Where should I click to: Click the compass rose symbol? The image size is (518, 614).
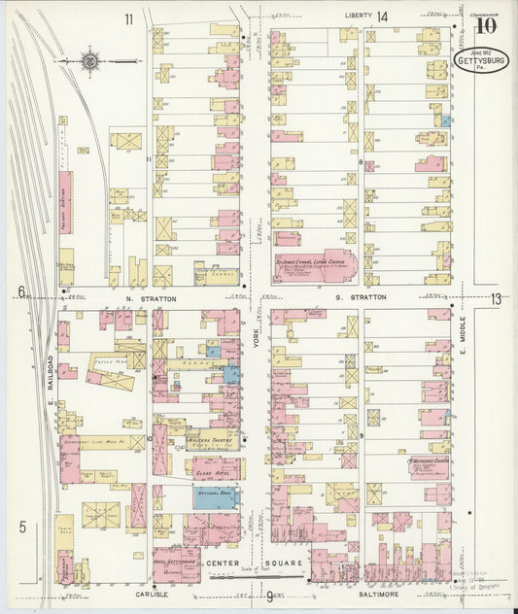coord(89,62)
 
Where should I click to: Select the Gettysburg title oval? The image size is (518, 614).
coord(482,61)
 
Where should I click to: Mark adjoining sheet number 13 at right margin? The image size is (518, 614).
coord(497,298)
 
